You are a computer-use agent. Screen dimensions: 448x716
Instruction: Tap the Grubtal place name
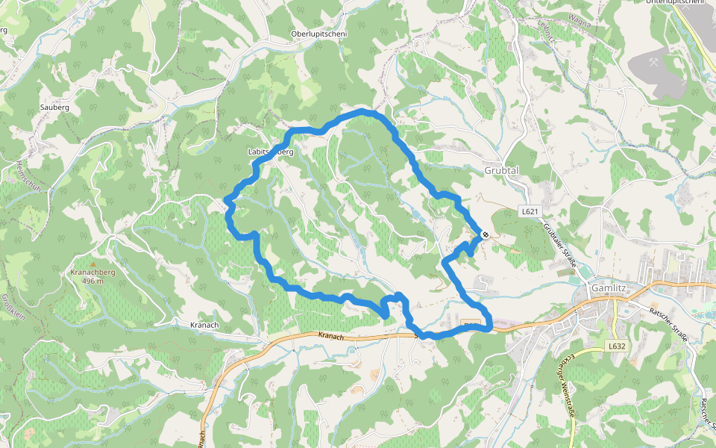tap(501, 170)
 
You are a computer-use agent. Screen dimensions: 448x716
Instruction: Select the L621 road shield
tap(530, 211)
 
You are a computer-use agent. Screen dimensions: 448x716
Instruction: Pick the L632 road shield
tap(615, 346)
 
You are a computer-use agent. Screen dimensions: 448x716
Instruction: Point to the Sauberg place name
tap(54, 108)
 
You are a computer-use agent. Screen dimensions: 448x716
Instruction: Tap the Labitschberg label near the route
tap(270, 152)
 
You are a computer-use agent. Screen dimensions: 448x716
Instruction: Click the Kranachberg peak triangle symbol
tap(92, 264)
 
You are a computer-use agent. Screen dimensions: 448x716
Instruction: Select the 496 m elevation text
tap(92, 281)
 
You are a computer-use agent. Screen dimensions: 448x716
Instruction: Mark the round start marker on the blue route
tap(486, 234)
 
